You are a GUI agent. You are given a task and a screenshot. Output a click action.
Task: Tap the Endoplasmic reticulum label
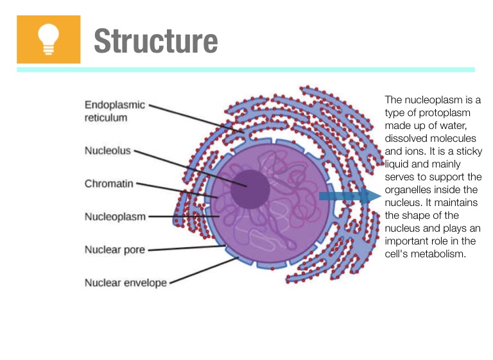(115, 111)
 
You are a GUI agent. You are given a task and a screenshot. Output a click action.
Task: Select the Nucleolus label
(107, 151)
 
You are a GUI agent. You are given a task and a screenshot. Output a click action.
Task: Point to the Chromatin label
(108, 184)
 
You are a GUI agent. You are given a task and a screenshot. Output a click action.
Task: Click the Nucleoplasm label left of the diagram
(115, 216)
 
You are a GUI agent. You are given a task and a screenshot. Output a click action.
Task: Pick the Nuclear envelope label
(125, 282)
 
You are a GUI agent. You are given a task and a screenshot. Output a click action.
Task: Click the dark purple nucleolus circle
(250, 189)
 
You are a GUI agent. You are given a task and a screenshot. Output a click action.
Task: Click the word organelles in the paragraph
(407, 189)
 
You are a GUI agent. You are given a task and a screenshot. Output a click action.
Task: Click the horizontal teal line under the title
(246, 69)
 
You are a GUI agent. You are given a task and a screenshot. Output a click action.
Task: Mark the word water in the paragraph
(460, 125)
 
